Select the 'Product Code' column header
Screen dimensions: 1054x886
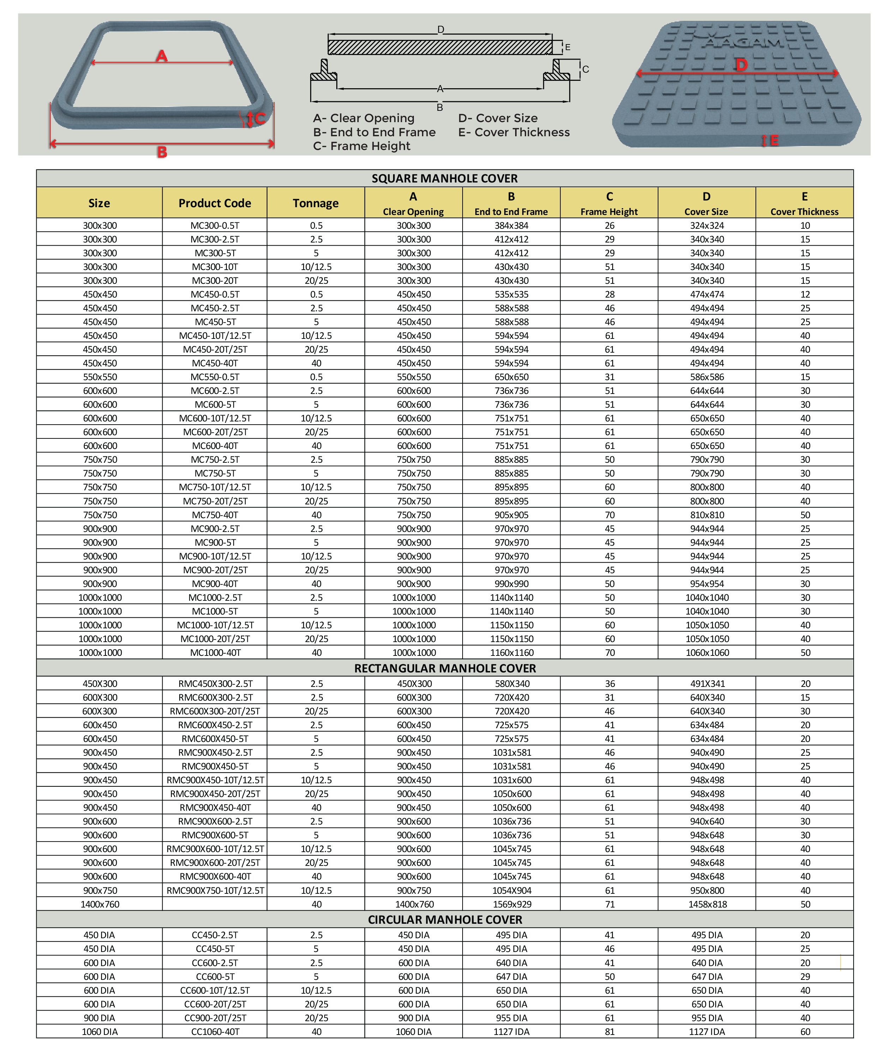[215, 203]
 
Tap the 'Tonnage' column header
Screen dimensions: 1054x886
[315, 203]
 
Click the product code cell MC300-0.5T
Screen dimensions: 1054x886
[215, 226]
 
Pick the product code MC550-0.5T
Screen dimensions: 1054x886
[215, 377]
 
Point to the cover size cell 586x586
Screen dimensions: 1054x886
[707, 377]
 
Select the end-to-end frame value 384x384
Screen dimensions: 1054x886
[511, 226]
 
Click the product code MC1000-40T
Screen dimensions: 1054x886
[215, 653]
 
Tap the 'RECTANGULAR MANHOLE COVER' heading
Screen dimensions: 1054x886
[445, 668]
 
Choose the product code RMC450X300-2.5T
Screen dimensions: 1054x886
[215, 684]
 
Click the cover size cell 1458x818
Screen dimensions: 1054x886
[707, 904]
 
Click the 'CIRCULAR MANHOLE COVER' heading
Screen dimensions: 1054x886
[445, 920]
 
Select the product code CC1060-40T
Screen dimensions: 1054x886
[215, 1032]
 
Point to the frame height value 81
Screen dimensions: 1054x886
[609, 1032]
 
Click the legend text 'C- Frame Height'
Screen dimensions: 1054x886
[362, 146]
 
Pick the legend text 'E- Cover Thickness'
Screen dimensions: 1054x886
[514, 132]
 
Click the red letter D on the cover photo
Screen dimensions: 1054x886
[741, 65]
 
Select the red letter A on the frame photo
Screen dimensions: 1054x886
[162, 55]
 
